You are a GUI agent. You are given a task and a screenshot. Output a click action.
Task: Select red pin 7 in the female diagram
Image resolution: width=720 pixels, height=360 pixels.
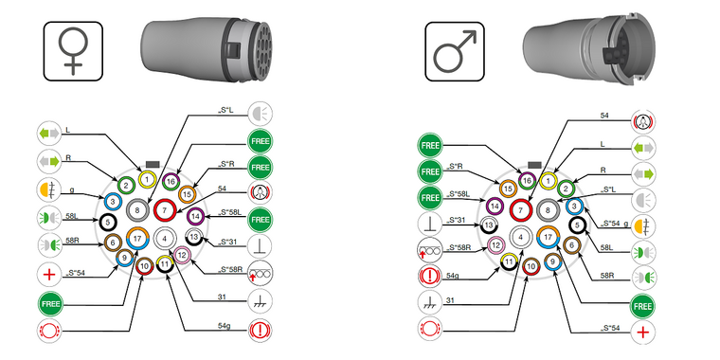coord(165,209)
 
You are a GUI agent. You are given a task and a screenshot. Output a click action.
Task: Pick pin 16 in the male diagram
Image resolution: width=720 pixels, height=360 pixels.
coord(527,180)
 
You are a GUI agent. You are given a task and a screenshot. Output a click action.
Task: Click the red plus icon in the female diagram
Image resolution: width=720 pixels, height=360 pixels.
coord(48,276)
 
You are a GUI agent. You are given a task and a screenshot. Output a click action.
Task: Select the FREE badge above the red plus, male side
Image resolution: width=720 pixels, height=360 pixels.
coord(643,307)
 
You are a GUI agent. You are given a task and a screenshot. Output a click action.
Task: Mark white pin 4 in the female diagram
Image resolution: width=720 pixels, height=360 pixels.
coord(165,239)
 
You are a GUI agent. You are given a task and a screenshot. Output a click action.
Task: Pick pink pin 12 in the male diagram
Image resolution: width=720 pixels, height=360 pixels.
coord(495,245)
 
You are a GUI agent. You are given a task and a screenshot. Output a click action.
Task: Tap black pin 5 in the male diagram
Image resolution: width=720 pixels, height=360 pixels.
coord(577,225)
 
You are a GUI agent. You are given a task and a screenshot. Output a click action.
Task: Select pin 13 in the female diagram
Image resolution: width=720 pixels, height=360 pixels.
coord(192,237)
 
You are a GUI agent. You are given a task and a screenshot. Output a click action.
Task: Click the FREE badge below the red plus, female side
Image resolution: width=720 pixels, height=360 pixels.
coord(48,305)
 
